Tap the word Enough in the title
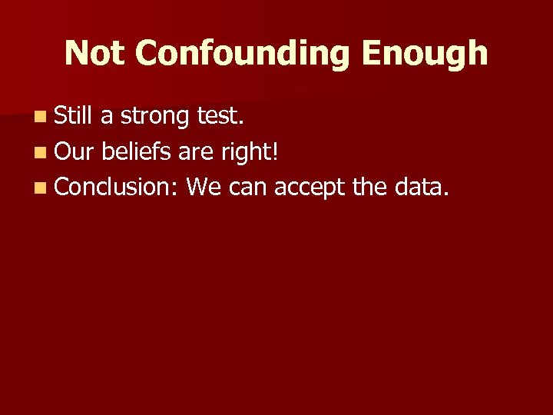425,53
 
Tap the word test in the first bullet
222,116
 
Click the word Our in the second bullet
74,151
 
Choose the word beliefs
134,151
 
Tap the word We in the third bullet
202,186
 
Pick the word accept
310,188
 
